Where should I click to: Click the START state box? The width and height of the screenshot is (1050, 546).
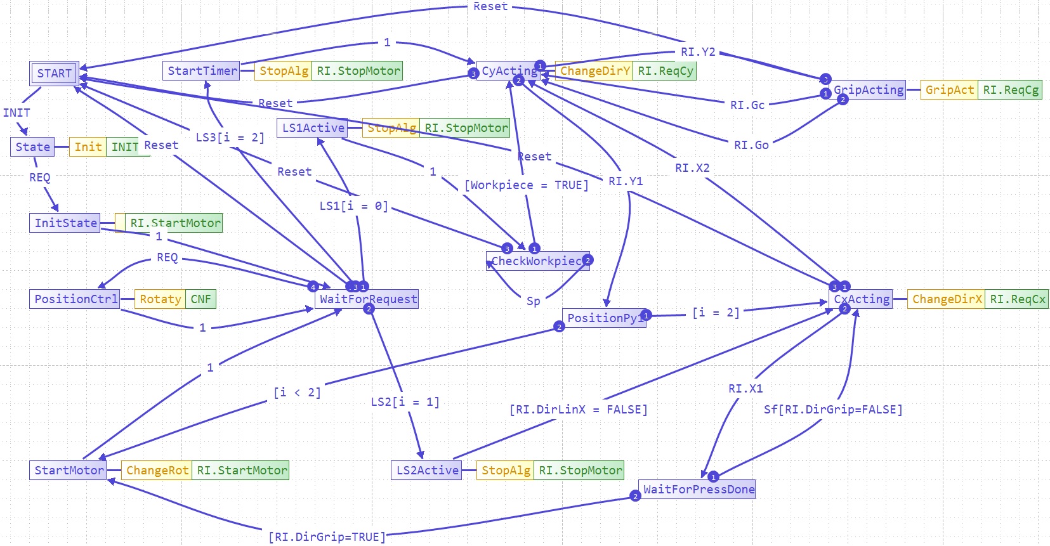54,74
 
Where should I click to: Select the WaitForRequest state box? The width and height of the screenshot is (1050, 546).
367,299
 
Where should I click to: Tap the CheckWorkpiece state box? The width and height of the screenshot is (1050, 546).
537,261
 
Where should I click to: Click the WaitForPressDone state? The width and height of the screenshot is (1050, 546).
698,490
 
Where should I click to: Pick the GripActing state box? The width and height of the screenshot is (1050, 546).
868,90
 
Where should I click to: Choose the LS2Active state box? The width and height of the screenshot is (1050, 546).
427,471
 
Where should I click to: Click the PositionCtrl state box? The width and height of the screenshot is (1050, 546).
75,299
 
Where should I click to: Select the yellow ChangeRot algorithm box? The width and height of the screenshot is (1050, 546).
157,471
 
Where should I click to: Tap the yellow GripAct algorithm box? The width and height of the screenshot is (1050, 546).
948,90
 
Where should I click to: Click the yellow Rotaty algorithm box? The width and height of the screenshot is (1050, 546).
160,299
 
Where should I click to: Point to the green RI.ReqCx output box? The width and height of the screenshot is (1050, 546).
1017,299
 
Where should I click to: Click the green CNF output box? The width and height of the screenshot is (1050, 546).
200,299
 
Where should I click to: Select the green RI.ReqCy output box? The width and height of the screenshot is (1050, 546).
665,71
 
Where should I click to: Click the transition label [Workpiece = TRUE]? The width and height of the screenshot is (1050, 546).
527,185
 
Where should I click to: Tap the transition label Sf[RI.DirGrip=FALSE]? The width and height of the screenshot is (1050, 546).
832,410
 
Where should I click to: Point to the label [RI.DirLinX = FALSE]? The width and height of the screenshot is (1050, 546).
578,410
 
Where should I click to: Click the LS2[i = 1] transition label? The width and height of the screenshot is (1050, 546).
405,402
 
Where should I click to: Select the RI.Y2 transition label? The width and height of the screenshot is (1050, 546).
698,52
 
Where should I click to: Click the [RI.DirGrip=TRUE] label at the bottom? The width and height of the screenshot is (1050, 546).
327,537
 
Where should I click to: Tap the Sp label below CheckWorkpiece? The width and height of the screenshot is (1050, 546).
533,301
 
